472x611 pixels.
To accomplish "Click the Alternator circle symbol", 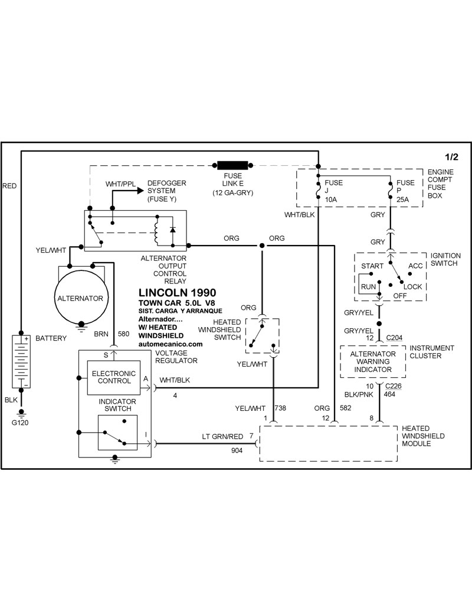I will click(80, 298).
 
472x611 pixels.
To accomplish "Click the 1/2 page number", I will click(451, 157).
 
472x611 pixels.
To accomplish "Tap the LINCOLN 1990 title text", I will click(177, 292).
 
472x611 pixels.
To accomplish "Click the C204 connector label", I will click(394, 337).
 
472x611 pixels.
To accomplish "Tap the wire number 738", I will click(280, 408).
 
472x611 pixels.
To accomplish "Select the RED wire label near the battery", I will click(9, 185).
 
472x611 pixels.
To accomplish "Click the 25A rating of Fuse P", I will click(404, 200).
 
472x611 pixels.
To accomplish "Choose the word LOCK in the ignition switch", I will click(413, 286).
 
